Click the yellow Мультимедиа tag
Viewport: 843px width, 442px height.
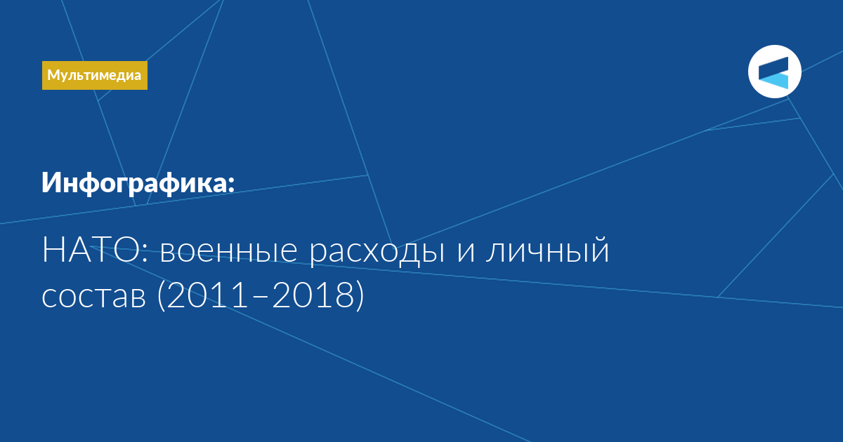pos(94,75)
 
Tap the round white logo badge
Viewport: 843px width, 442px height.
pos(774,72)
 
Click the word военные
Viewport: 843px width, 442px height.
pos(229,251)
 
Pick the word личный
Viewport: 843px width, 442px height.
pos(547,250)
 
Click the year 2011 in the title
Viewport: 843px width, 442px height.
pos(207,295)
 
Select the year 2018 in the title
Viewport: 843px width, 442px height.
pos(313,295)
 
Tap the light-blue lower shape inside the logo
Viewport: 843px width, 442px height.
pos(773,81)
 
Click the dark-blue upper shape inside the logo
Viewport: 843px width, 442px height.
pos(773,68)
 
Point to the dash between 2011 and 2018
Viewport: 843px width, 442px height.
pos(259,297)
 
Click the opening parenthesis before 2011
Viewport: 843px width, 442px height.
pos(161,296)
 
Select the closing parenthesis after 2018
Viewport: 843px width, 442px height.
pos(360,296)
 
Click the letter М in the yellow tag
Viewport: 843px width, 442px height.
pos(53,75)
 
